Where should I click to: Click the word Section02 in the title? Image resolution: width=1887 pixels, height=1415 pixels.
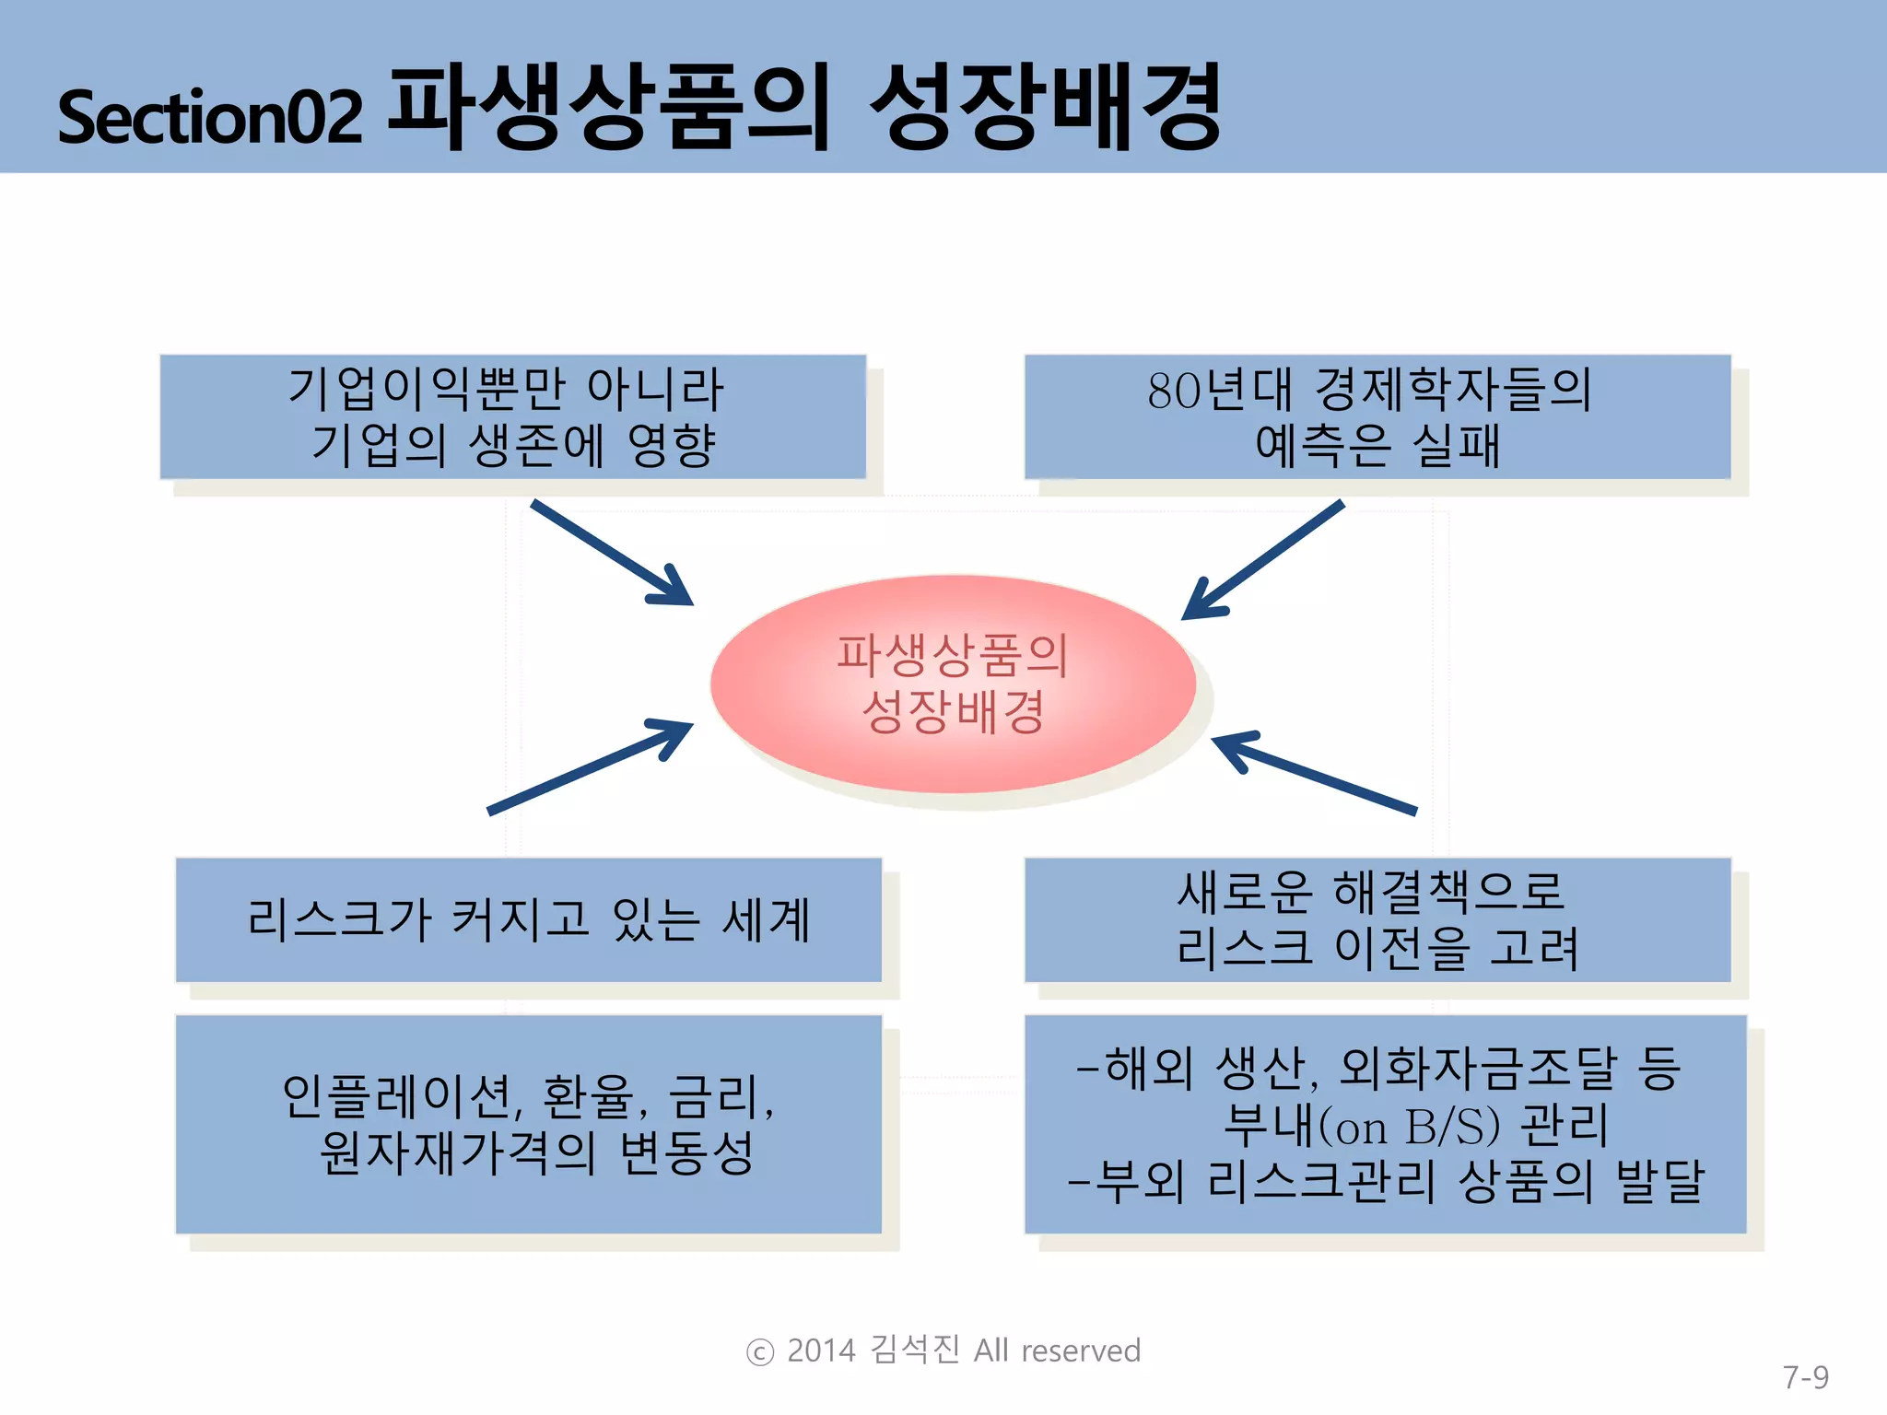210,117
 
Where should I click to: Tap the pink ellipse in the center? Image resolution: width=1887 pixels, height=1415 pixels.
953,684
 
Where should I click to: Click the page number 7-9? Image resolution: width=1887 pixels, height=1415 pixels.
1805,1377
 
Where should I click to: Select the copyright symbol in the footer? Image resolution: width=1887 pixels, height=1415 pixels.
759,1352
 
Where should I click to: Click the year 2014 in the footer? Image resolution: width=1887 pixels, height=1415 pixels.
821,1351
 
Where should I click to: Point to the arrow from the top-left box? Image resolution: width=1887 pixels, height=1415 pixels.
612,553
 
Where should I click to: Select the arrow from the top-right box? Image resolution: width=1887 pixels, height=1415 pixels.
1263,560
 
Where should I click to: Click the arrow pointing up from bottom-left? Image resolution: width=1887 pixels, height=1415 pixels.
590,767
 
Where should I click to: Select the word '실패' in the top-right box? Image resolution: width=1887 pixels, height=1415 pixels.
1456,446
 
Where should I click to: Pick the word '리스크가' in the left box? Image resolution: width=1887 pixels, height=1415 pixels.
339,919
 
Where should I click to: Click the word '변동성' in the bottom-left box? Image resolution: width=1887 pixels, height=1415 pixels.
686,1152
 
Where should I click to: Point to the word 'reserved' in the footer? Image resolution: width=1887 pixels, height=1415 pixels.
1081,1351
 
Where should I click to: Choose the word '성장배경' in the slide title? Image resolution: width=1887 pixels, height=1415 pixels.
1046,108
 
